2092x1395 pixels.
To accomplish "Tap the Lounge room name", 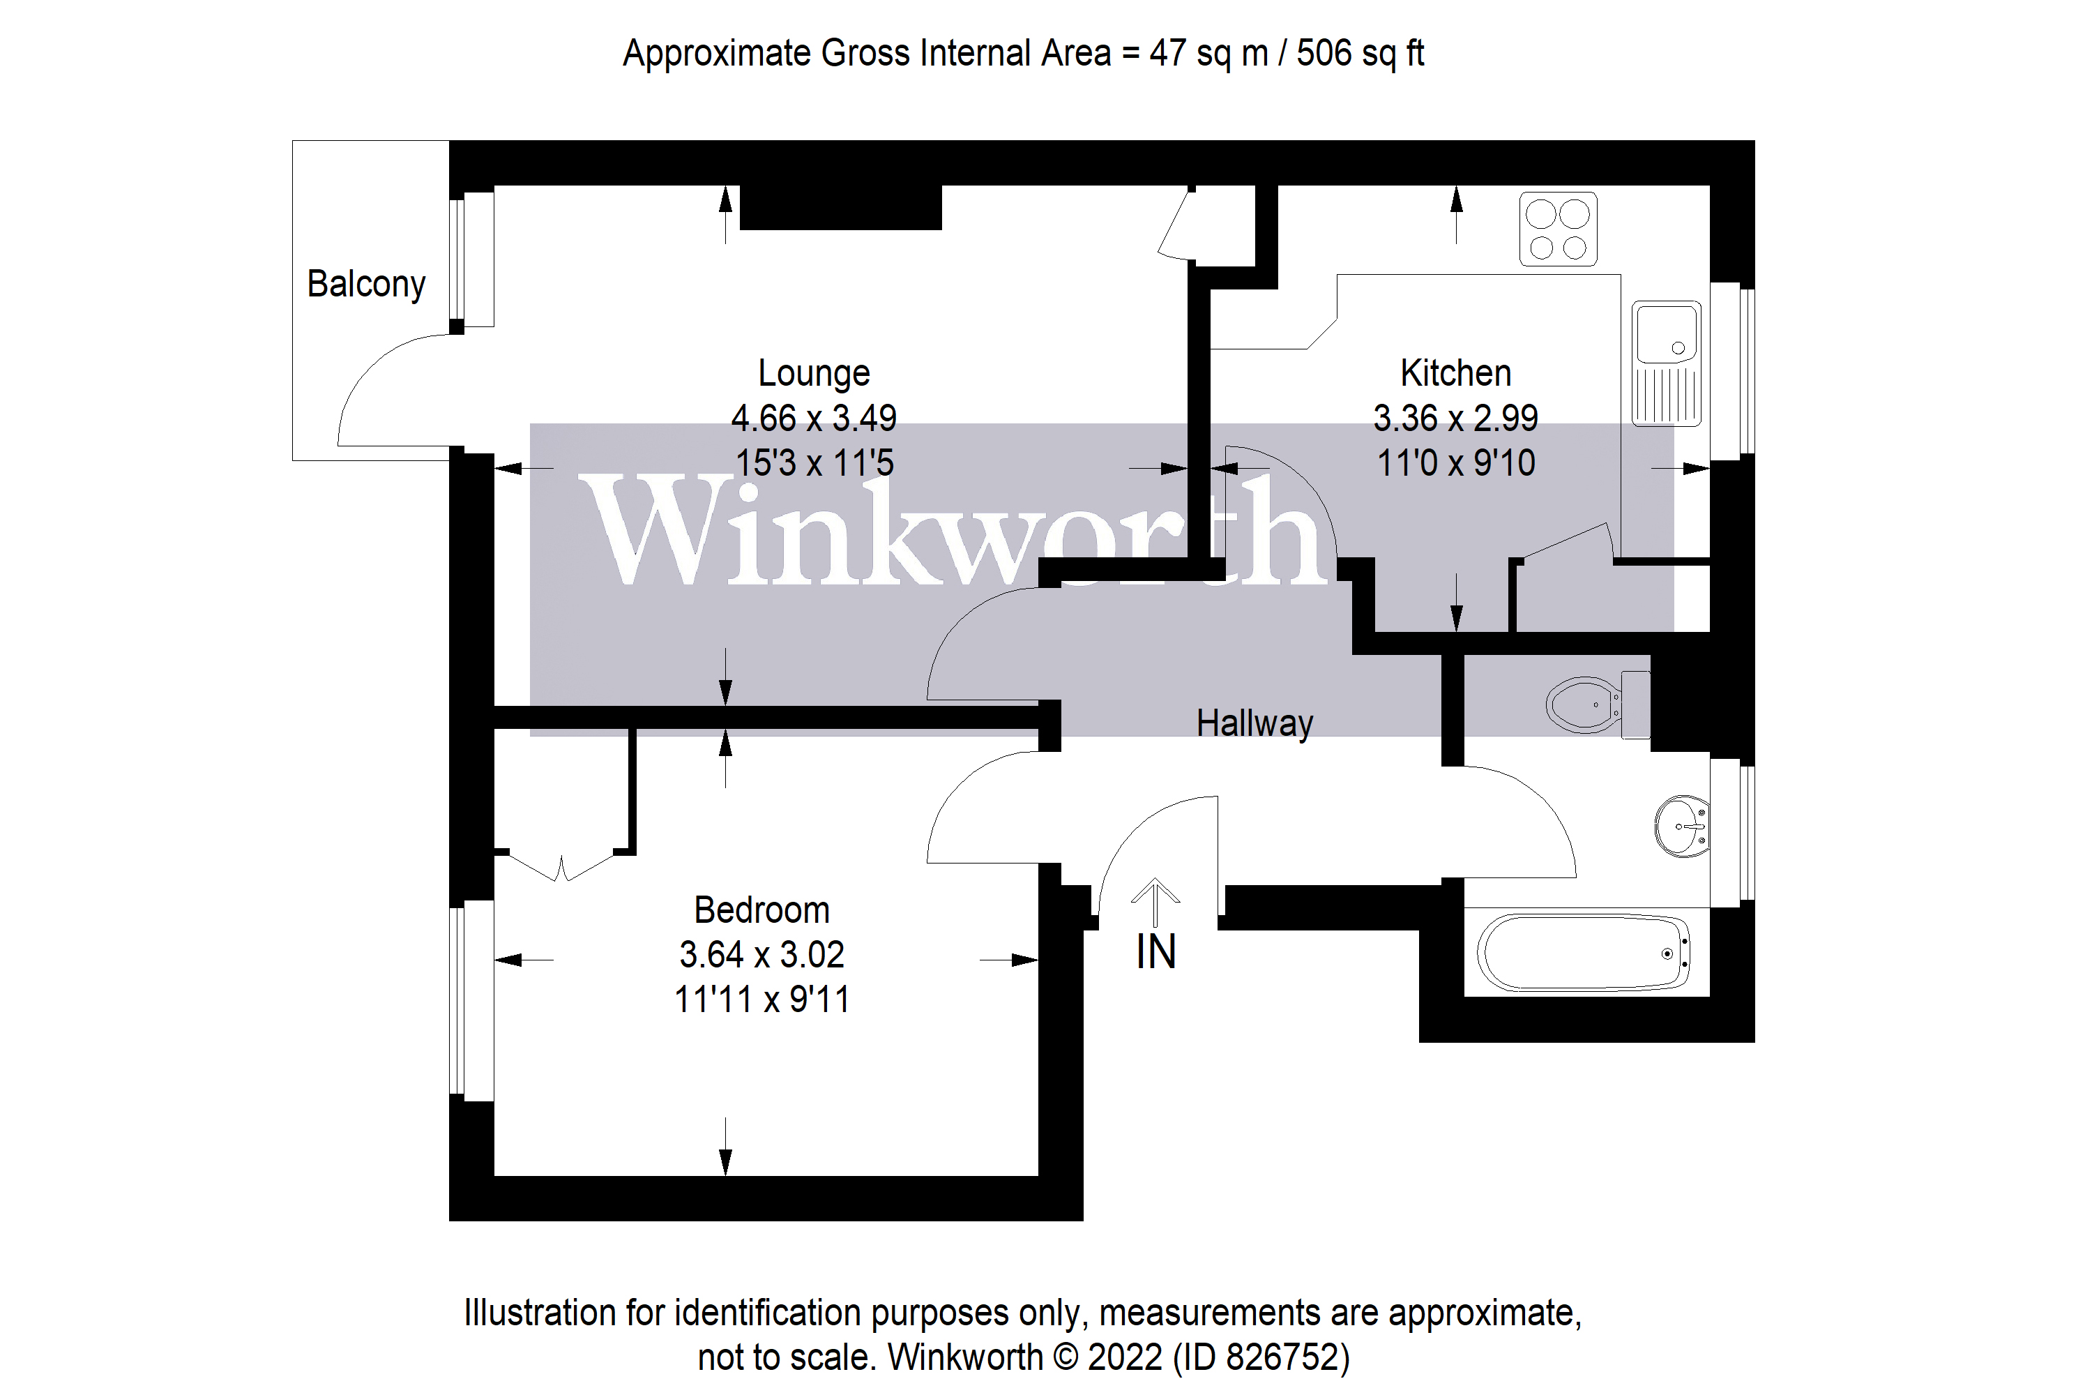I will pyautogui.click(x=813, y=372).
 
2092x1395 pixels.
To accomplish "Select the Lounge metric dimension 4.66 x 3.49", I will pyautogui.click(x=813, y=418).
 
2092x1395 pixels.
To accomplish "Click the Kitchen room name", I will pyautogui.click(x=1455, y=372).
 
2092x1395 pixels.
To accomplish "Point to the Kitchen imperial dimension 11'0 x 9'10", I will pyautogui.click(x=1455, y=462).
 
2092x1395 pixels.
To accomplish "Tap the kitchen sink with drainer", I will pyautogui.click(x=1666, y=363).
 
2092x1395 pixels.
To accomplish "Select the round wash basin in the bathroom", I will pyautogui.click(x=1681, y=827).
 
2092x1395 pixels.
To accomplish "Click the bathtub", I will pyautogui.click(x=1583, y=953).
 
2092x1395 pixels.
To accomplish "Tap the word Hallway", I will pyautogui.click(x=1254, y=723).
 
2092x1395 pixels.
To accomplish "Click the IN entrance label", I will pyautogui.click(x=1155, y=953).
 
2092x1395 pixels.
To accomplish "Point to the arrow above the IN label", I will pyautogui.click(x=1155, y=901).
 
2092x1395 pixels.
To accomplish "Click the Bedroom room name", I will pyautogui.click(x=761, y=910).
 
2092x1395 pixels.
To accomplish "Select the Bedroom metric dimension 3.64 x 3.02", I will pyautogui.click(x=761, y=955).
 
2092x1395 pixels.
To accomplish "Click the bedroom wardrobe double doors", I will pyautogui.click(x=561, y=866).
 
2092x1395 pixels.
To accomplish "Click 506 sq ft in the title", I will pyautogui.click(x=1360, y=54).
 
